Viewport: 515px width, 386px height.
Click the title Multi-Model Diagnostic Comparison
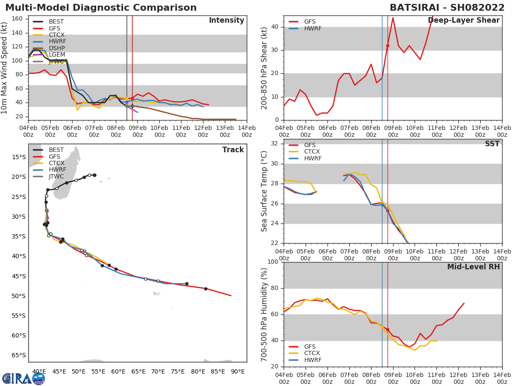coord(101,8)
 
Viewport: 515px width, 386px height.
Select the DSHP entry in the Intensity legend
coord(57,48)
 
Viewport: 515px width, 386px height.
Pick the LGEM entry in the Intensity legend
coord(57,54)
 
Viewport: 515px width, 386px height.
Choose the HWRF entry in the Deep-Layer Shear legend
coord(312,28)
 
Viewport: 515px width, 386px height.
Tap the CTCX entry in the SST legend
coord(312,152)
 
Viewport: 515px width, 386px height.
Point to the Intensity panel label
coord(226,20)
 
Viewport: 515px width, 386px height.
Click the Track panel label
coord(233,150)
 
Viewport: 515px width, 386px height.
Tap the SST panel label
coord(492,144)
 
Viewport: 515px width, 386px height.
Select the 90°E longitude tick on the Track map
coord(237,371)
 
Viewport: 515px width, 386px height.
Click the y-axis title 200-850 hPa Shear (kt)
coord(264,68)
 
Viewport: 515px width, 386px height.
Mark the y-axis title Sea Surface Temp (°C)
coord(264,191)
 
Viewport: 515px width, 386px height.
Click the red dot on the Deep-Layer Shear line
coord(388,45)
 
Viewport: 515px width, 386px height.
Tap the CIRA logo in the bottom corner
coord(24,378)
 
